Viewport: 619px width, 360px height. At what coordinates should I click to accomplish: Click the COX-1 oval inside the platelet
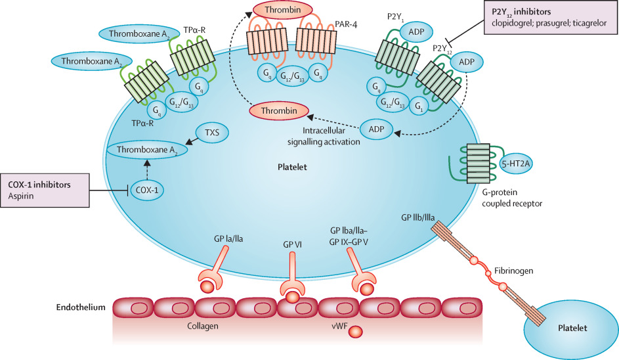coord(147,190)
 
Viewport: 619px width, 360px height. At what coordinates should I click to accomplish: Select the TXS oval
coord(212,133)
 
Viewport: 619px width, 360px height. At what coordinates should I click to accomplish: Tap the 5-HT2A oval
coord(515,163)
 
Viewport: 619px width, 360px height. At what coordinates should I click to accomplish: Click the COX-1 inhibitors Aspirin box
coord(45,191)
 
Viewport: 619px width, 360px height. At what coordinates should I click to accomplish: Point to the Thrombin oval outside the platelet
coord(283,10)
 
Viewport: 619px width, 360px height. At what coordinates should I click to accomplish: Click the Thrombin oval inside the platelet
coord(279,111)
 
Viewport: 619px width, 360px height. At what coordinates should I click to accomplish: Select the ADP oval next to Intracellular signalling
coord(377,129)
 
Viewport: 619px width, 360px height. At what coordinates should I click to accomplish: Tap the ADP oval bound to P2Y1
coord(416,32)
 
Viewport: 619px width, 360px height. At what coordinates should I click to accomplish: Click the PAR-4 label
coord(346,24)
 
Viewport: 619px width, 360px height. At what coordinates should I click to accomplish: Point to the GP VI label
coord(293,244)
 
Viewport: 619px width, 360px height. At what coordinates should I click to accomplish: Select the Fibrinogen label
coord(513,271)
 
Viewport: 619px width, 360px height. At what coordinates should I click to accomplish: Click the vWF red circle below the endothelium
coord(355,332)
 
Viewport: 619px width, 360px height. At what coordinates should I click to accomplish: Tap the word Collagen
coord(203,326)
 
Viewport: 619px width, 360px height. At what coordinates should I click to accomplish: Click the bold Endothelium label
coord(81,307)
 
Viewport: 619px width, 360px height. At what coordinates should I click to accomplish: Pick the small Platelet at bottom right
coord(571,330)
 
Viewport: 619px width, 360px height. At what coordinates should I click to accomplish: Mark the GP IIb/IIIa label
coord(418,217)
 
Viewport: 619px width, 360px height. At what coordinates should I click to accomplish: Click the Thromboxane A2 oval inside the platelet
coord(146,150)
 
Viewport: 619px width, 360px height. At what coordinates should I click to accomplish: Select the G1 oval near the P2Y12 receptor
coord(419,106)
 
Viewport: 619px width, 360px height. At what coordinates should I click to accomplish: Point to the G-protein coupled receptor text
coord(512,198)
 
